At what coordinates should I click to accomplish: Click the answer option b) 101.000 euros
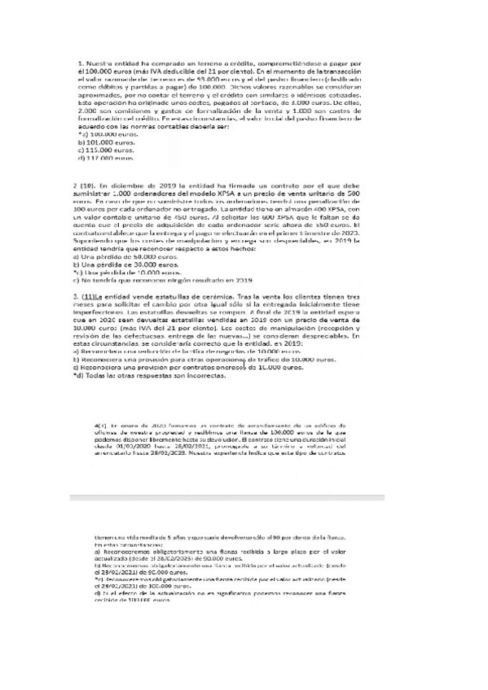106,142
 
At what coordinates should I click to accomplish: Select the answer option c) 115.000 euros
106,150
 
